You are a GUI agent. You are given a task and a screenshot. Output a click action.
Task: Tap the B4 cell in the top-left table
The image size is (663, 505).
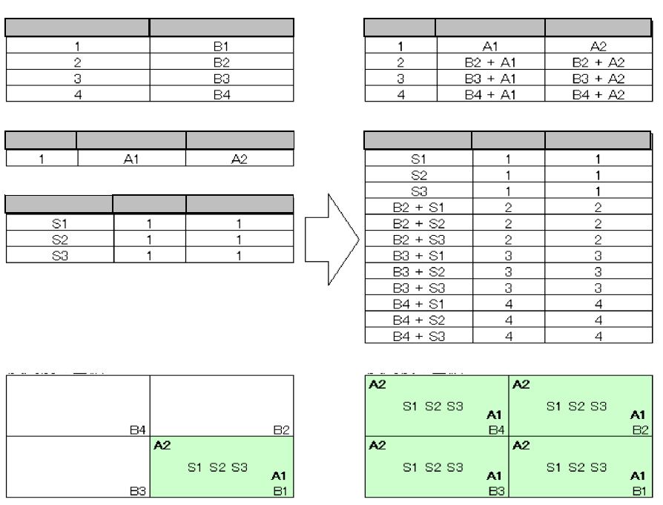point(222,93)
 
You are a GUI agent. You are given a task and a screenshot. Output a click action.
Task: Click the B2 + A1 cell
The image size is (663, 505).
point(489,61)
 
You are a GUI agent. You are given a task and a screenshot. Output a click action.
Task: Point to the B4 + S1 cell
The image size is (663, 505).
point(419,305)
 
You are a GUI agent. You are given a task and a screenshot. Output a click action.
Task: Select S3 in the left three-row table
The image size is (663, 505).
point(59,256)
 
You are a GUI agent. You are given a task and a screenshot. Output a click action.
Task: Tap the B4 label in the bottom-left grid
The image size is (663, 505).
point(136,429)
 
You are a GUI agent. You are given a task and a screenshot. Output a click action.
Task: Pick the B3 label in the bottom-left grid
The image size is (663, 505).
point(136,490)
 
